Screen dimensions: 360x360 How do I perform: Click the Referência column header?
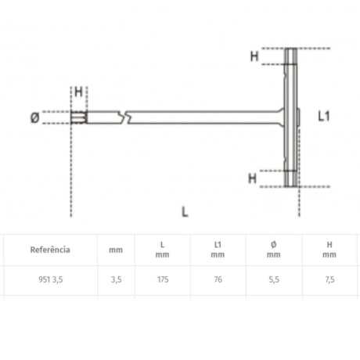pyautogui.click(x=50, y=250)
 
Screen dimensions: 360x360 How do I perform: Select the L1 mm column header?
pyautogui.click(x=218, y=250)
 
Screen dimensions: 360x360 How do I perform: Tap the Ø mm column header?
pyautogui.click(x=273, y=250)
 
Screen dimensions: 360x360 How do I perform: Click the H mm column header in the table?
pyautogui.click(x=330, y=250)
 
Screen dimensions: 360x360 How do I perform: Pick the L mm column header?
pyautogui.click(x=162, y=250)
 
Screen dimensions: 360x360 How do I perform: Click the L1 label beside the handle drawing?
pyautogui.click(x=326, y=116)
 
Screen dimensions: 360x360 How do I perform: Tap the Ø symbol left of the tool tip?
pyautogui.click(x=34, y=117)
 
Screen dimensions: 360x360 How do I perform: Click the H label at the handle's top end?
pyautogui.click(x=254, y=56)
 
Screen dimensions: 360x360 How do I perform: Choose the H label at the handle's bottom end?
pyautogui.click(x=252, y=178)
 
